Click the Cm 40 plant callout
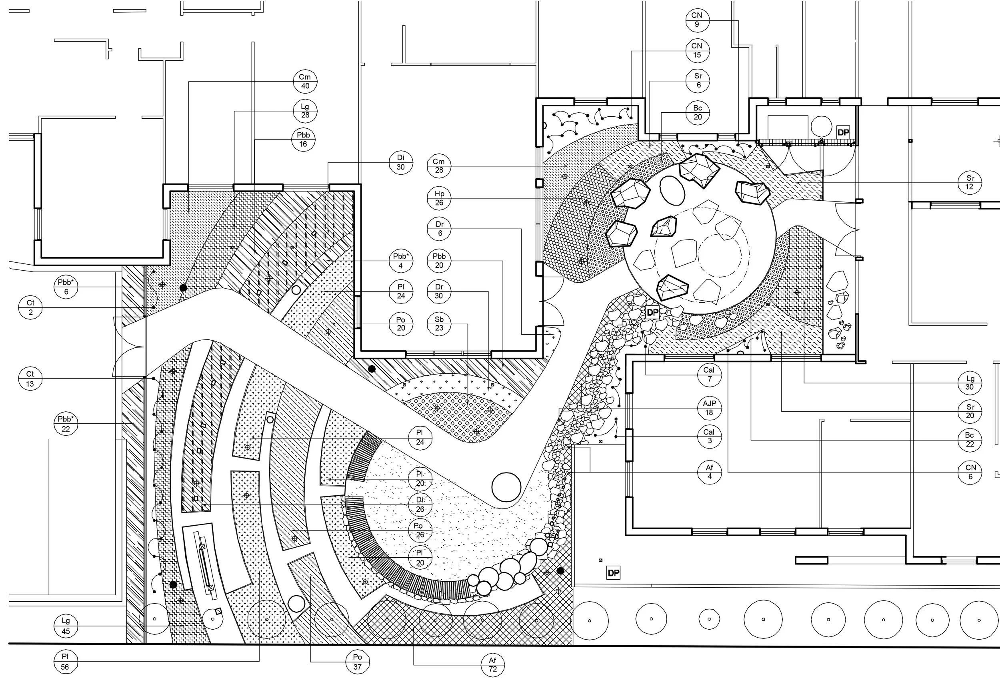[305, 82]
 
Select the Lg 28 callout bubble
[305, 111]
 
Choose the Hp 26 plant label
[439, 198]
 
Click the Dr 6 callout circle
[439, 229]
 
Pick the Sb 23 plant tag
[439, 324]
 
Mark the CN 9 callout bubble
[697, 20]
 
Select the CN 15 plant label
[697, 50]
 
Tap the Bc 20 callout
[698, 113]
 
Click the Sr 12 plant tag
[970, 182]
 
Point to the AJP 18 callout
[709, 408]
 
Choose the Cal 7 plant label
[709, 375]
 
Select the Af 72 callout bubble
[493, 665]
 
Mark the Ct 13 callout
[30, 379]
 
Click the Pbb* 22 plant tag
[66, 424]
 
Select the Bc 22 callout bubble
[970, 440]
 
